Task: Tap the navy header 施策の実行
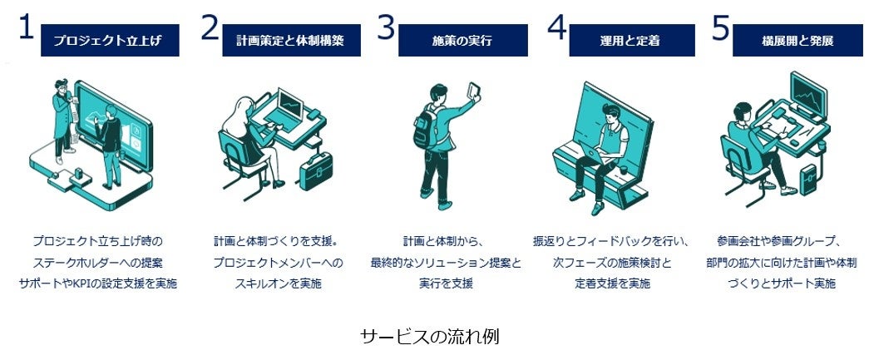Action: tap(462, 40)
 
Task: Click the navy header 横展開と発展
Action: tap(797, 40)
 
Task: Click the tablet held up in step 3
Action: tap(475, 90)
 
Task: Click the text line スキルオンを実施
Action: tap(266, 284)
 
